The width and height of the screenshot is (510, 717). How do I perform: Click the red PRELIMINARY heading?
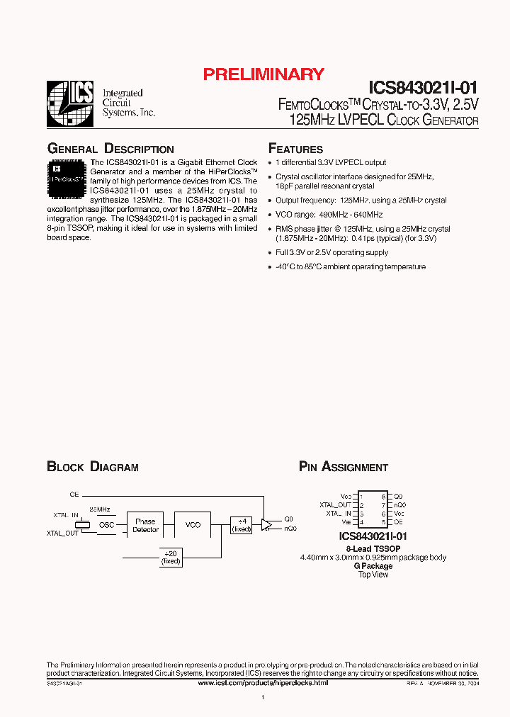pos(263,74)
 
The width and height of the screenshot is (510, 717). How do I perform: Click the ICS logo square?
pos(69,103)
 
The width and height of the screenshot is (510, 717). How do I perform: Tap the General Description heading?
pos(110,149)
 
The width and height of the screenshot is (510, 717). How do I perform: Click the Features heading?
pos(295,149)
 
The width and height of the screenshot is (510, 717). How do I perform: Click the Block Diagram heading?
pos(93,467)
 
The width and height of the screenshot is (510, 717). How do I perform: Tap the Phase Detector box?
pos(146,526)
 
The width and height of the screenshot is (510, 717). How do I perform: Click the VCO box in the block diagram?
pos(193,525)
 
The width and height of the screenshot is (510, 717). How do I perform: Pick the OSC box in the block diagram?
pos(106,525)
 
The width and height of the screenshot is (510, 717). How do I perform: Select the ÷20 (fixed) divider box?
pos(171,558)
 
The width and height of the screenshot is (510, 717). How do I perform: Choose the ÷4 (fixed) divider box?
pos(242,525)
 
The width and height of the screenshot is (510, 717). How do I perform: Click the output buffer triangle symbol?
pos(266,524)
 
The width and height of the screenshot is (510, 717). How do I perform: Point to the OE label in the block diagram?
pos(74,494)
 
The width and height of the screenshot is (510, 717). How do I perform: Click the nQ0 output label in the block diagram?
pos(290,529)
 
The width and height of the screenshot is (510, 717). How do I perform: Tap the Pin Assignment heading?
pos(344,467)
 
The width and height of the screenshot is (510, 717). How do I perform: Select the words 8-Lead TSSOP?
pos(373,549)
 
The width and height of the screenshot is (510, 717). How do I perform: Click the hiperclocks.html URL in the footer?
pos(263,682)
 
